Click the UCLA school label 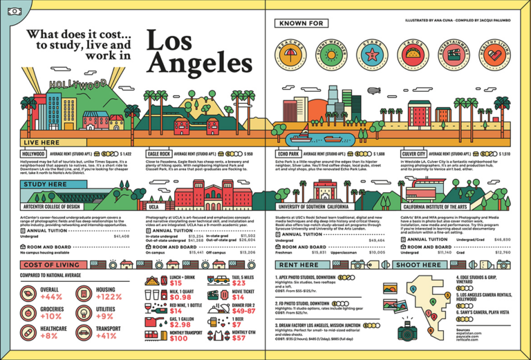click(153, 206)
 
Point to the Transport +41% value click(106, 337)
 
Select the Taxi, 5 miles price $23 click(238, 283)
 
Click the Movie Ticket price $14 click(238, 297)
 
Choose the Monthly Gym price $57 click(238, 338)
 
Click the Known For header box click(300, 24)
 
